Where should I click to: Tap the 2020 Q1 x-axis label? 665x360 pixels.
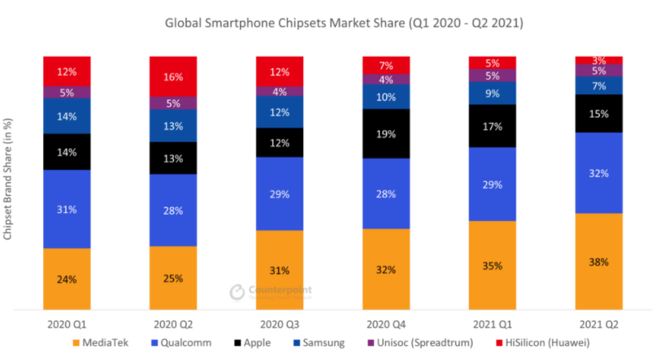(x=67, y=324)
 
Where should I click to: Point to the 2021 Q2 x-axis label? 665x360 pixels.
(x=598, y=324)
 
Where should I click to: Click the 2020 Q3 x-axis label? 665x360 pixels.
(x=280, y=324)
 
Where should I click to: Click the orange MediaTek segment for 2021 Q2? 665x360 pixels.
(x=598, y=261)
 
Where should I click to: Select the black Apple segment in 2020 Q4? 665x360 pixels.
(x=386, y=133)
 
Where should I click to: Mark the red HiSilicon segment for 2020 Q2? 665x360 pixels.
(x=173, y=76)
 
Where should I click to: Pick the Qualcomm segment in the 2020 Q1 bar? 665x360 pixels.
(x=67, y=209)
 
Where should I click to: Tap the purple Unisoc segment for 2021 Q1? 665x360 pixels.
(x=493, y=76)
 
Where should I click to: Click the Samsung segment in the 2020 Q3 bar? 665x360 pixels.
(x=280, y=112)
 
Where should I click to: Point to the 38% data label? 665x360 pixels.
(x=598, y=262)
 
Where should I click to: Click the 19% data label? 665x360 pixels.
(x=386, y=134)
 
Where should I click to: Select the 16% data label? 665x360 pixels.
(x=173, y=77)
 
